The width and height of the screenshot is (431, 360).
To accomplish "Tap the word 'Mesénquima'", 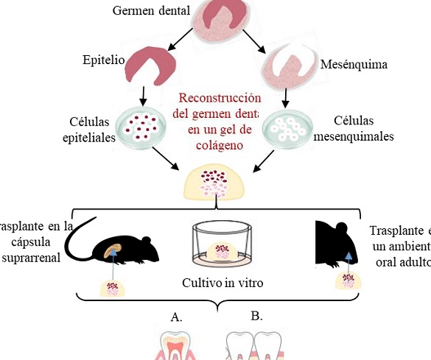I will [354, 65].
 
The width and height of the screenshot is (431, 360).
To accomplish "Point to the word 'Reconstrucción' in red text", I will [220, 99].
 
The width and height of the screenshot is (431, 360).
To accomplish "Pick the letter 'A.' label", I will [176, 317].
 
